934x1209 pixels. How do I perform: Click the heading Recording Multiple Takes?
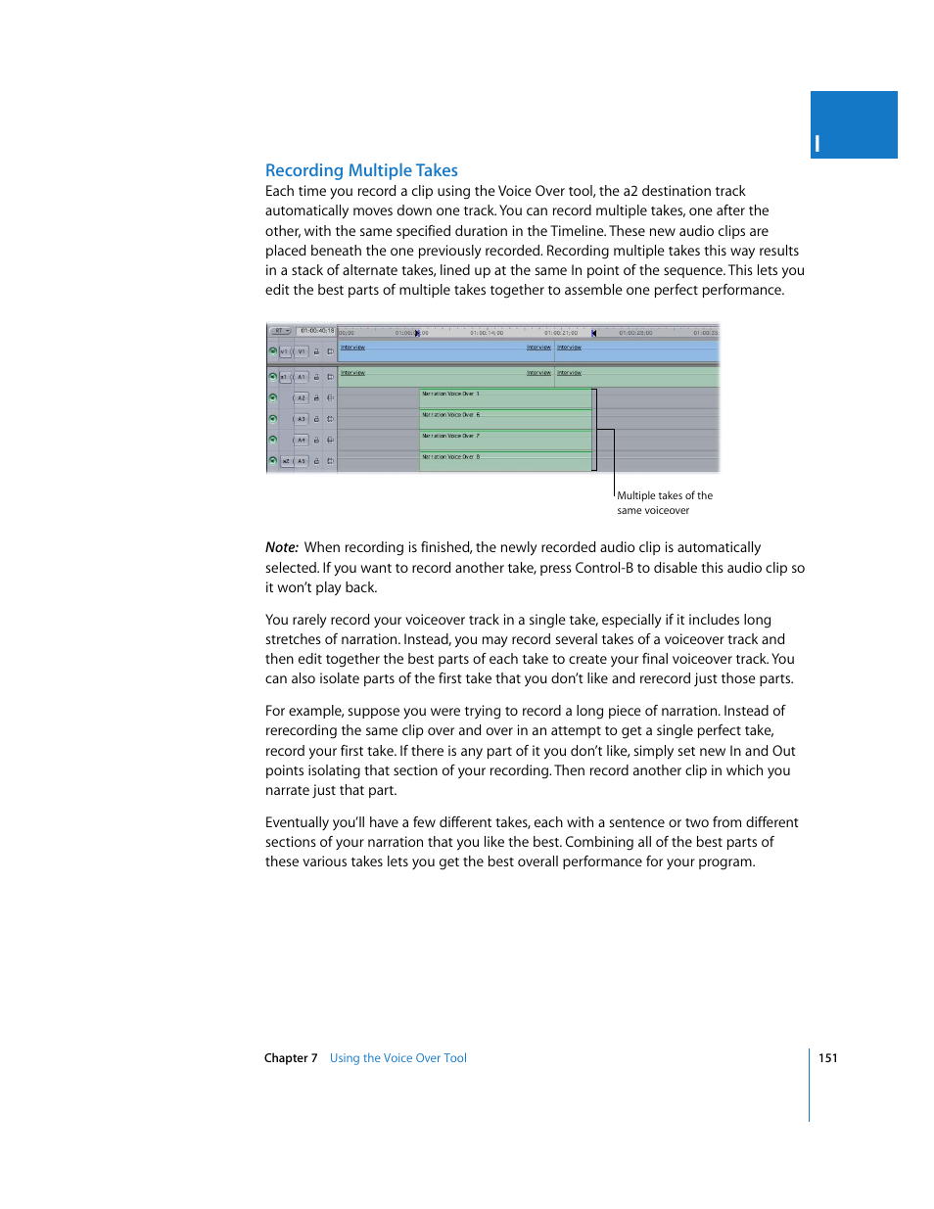[361, 170]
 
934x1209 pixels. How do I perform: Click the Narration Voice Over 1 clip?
[505, 397]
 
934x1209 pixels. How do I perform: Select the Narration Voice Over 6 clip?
[505, 419]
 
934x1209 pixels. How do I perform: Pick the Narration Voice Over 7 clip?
[505, 440]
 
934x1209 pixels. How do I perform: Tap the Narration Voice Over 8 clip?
[505, 461]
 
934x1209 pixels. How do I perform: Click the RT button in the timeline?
[281, 331]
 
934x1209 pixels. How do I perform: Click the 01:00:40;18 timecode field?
[316, 331]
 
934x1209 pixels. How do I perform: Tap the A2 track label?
[302, 398]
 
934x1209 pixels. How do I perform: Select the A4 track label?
[302, 441]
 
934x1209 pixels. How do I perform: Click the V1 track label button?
[302, 351]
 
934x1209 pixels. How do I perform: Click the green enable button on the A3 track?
[273, 418]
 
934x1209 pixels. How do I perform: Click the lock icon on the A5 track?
[316, 461]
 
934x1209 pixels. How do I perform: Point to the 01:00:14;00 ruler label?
[487, 333]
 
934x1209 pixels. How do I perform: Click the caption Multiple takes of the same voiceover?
[664, 502]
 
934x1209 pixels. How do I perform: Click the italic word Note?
[281, 547]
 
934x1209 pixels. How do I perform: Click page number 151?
[827, 1058]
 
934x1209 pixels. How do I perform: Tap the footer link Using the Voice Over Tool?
[397, 1058]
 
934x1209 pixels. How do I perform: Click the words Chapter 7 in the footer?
[290, 1058]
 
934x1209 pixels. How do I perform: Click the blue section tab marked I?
[853, 125]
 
